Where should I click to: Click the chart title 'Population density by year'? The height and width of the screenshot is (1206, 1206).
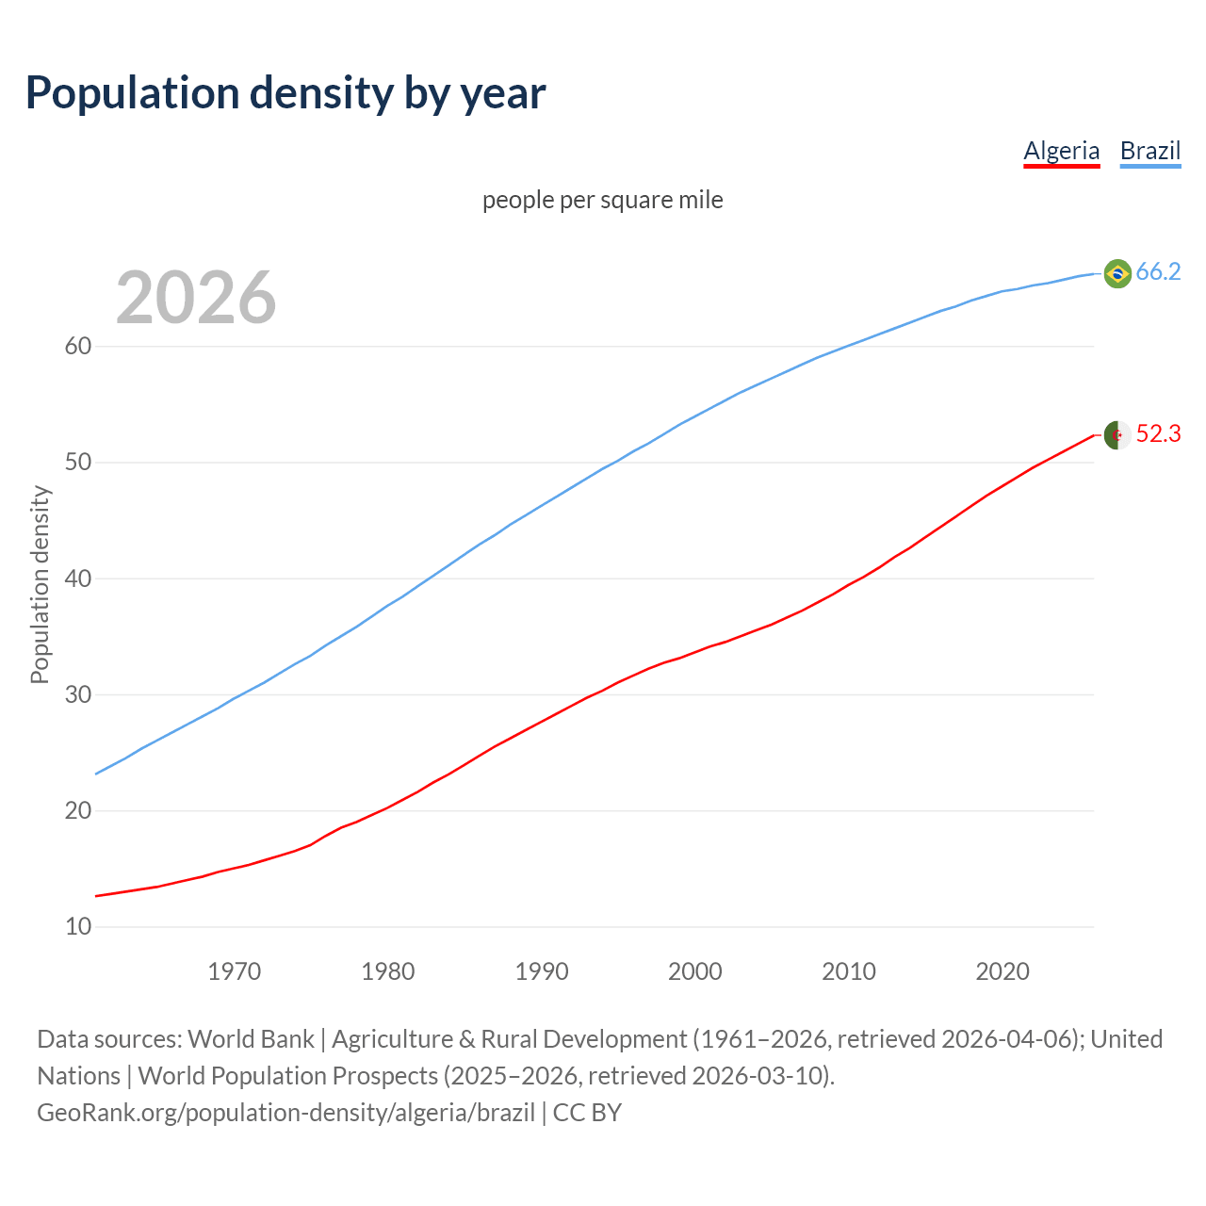point(285,92)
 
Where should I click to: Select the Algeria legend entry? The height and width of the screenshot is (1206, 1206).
point(1061,151)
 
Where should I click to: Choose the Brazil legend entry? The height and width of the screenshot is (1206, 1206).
point(1149,151)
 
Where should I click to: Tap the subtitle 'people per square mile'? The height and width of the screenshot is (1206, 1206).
point(602,200)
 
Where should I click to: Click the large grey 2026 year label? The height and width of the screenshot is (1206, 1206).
point(196,298)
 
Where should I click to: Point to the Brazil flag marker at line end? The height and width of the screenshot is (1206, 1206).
point(1116,273)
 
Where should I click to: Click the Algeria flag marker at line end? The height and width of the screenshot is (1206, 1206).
point(1116,435)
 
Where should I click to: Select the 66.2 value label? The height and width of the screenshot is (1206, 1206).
point(1158,271)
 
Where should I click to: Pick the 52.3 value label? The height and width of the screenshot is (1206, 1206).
point(1158,433)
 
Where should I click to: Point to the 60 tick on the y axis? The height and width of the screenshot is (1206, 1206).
point(78,346)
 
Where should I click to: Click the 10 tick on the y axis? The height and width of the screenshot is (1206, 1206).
point(78,927)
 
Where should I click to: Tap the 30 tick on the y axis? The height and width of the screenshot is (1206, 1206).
point(78,694)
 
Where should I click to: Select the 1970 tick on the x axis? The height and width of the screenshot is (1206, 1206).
point(234,971)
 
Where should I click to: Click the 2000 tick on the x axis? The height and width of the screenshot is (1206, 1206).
point(694,971)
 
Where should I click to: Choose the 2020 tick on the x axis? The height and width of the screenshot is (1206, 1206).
point(1002,971)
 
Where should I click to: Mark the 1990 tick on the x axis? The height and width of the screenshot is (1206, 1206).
point(541,971)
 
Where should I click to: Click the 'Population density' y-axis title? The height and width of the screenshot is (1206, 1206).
point(40,584)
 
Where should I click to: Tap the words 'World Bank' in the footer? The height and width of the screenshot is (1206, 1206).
point(251,1039)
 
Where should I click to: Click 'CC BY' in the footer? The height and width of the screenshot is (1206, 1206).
point(587,1113)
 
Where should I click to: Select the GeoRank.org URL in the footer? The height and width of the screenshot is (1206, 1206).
point(285,1113)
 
